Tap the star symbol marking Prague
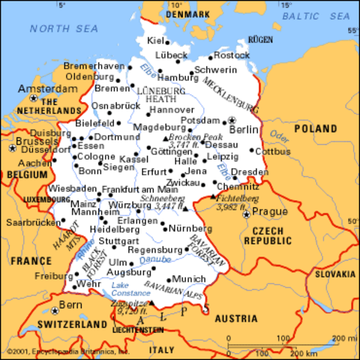pyautogui.click(x=246, y=214)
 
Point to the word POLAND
pyautogui.click(x=315, y=129)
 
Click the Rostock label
pyautogui.click(x=231, y=55)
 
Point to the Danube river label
pyautogui.click(x=160, y=259)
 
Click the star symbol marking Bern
pyautogui.click(x=55, y=308)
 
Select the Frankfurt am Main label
pyautogui.click(x=134, y=190)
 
